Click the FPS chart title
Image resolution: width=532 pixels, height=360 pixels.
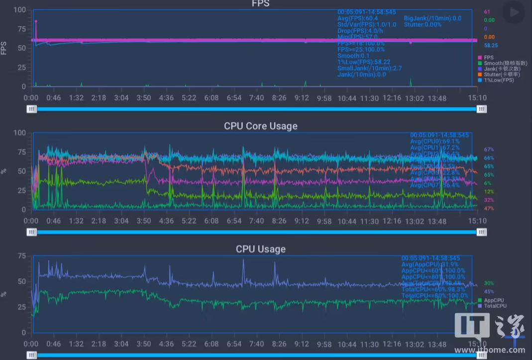click(260, 4)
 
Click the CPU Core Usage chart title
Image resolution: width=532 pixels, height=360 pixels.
click(260, 126)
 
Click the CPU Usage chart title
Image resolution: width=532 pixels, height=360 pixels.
click(260, 248)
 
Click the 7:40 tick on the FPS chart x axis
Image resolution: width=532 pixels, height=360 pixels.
click(256, 98)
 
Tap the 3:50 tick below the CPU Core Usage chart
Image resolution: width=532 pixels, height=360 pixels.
click(144, 221)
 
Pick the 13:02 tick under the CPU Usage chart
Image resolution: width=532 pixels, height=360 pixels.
click(414, 344)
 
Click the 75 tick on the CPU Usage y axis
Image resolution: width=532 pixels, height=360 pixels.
click(22, 256)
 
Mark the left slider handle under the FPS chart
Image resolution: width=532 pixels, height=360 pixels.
click(32, 109)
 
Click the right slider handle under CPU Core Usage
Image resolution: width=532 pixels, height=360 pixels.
click(481, 232)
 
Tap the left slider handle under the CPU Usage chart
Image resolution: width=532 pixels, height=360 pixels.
click(32, 355)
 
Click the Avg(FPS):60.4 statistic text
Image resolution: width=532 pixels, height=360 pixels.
click(357, 18)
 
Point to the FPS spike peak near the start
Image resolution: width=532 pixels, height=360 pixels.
click(36, 21)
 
